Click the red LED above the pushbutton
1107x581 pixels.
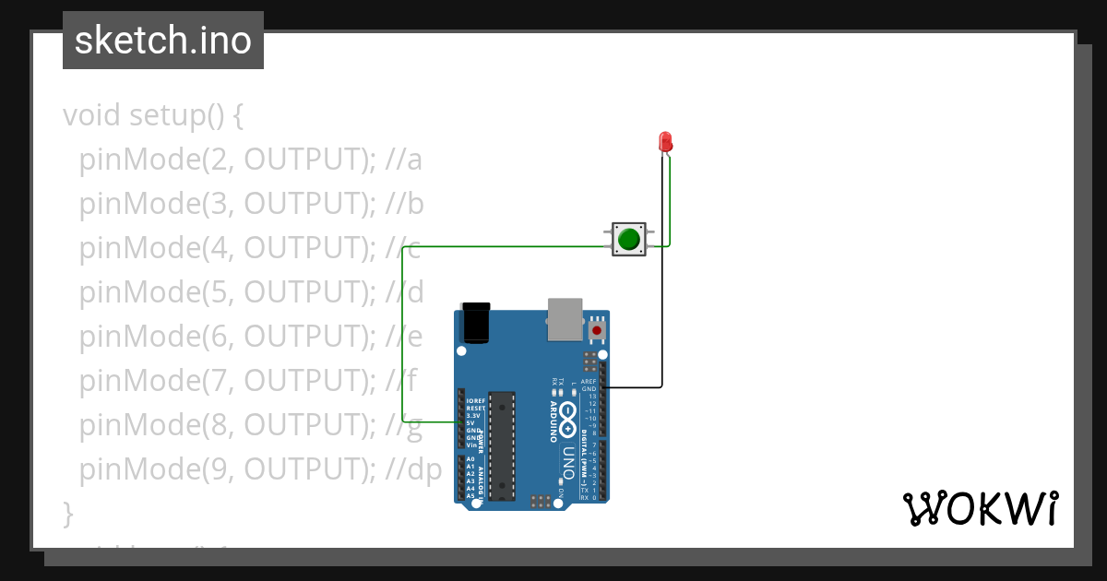point(665,142)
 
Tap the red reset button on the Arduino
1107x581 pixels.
point(597,330)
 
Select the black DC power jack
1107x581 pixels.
point(476,322)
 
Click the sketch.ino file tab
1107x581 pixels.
point(163,41)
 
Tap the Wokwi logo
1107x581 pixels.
point(980,508)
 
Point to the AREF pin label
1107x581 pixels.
point(589,381)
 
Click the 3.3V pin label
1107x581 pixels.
point(473,416)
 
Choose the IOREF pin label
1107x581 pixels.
point(475,401)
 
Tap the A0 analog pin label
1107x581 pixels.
point(470,459)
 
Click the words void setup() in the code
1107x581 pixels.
point(153,116)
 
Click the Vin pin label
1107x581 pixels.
point(470,445)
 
